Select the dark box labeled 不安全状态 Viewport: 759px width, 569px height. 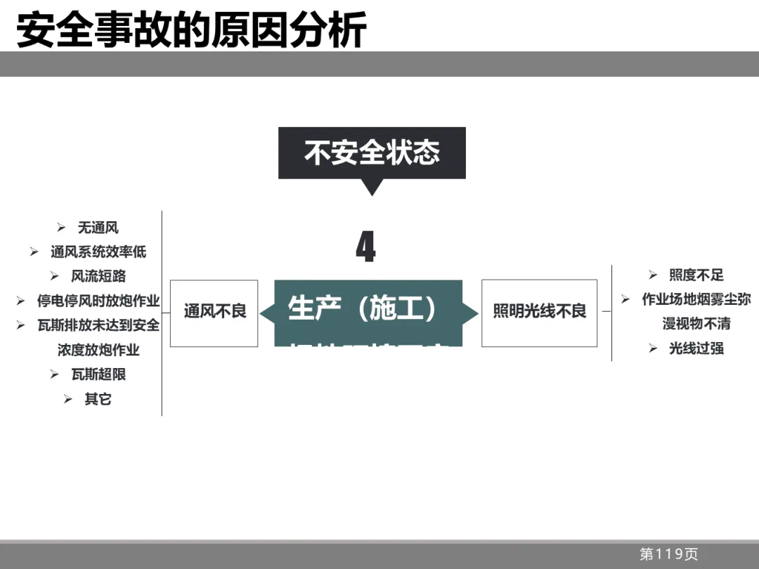coord(372,152)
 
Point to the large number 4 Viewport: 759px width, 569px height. coord(365,247)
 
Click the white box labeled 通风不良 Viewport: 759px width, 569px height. coord(214,311)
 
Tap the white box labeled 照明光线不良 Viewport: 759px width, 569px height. coord(539,311)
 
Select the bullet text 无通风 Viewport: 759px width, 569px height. coord(98,228)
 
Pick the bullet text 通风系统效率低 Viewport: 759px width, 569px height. coord(98,251)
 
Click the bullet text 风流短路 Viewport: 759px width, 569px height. coord(98,276)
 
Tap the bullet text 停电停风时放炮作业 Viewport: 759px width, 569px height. coord(98,301)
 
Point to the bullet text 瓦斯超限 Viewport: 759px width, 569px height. coord(98,374)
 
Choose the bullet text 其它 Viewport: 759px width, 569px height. coord(98,399)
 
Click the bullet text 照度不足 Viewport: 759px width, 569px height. coord(696,275)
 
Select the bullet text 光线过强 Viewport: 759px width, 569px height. coord(696,348)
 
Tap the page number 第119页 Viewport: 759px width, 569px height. coord(668,554)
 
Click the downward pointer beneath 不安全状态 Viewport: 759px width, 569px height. coord(372,188)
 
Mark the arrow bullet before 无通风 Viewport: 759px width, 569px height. coord(61,228)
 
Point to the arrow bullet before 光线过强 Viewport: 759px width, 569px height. coord(653,348)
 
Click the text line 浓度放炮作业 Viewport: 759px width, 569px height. coord(98,350)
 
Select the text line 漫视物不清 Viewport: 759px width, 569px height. coord(696,324)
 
